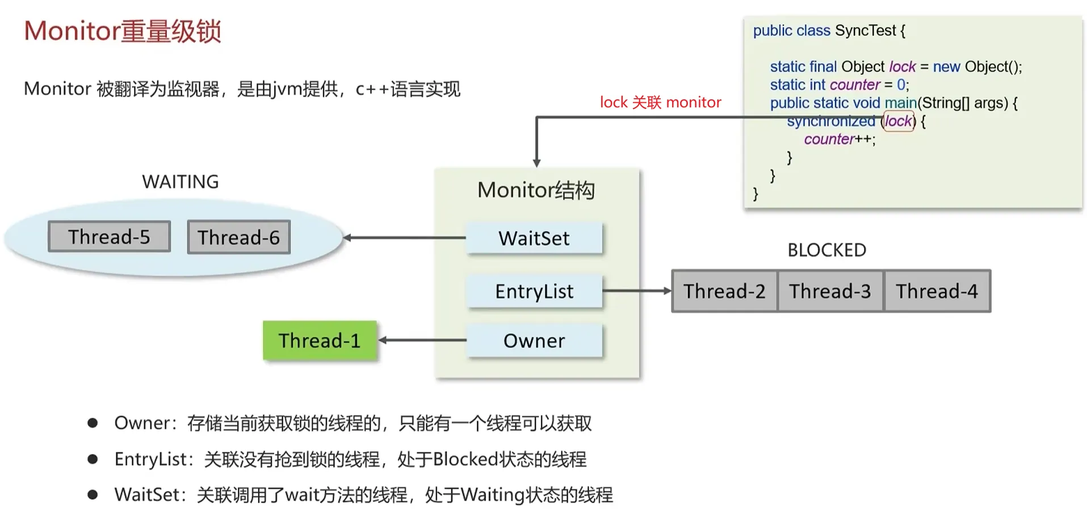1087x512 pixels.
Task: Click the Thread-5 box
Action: tap(109, 236)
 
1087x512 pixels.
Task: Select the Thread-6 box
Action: tap(238, 237)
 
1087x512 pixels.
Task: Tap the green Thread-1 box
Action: tap(320, 340)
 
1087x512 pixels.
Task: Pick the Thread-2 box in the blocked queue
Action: tap(724, 291)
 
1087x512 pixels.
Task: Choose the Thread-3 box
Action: tap(830, 291)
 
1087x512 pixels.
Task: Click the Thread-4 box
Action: tap(937, 291)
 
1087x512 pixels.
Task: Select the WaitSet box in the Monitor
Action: tap(534, 238)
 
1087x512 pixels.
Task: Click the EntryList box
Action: tap(534, 291)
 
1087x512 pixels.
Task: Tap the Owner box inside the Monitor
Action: tap(534, 341)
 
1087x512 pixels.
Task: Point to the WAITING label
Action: tap(181, 182)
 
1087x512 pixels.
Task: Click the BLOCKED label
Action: tap(826, 250)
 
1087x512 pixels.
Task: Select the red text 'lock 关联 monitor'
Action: tap(661, 102)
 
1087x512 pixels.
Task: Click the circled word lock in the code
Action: tap(899, 121)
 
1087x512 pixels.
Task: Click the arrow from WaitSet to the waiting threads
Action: tap(405, 238)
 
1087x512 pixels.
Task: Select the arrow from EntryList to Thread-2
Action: tap(637, 291)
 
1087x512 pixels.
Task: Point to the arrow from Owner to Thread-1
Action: tap(422, 340)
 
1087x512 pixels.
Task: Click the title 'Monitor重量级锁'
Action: tap(122, 31)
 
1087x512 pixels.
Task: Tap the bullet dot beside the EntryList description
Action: tap(93, 459)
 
